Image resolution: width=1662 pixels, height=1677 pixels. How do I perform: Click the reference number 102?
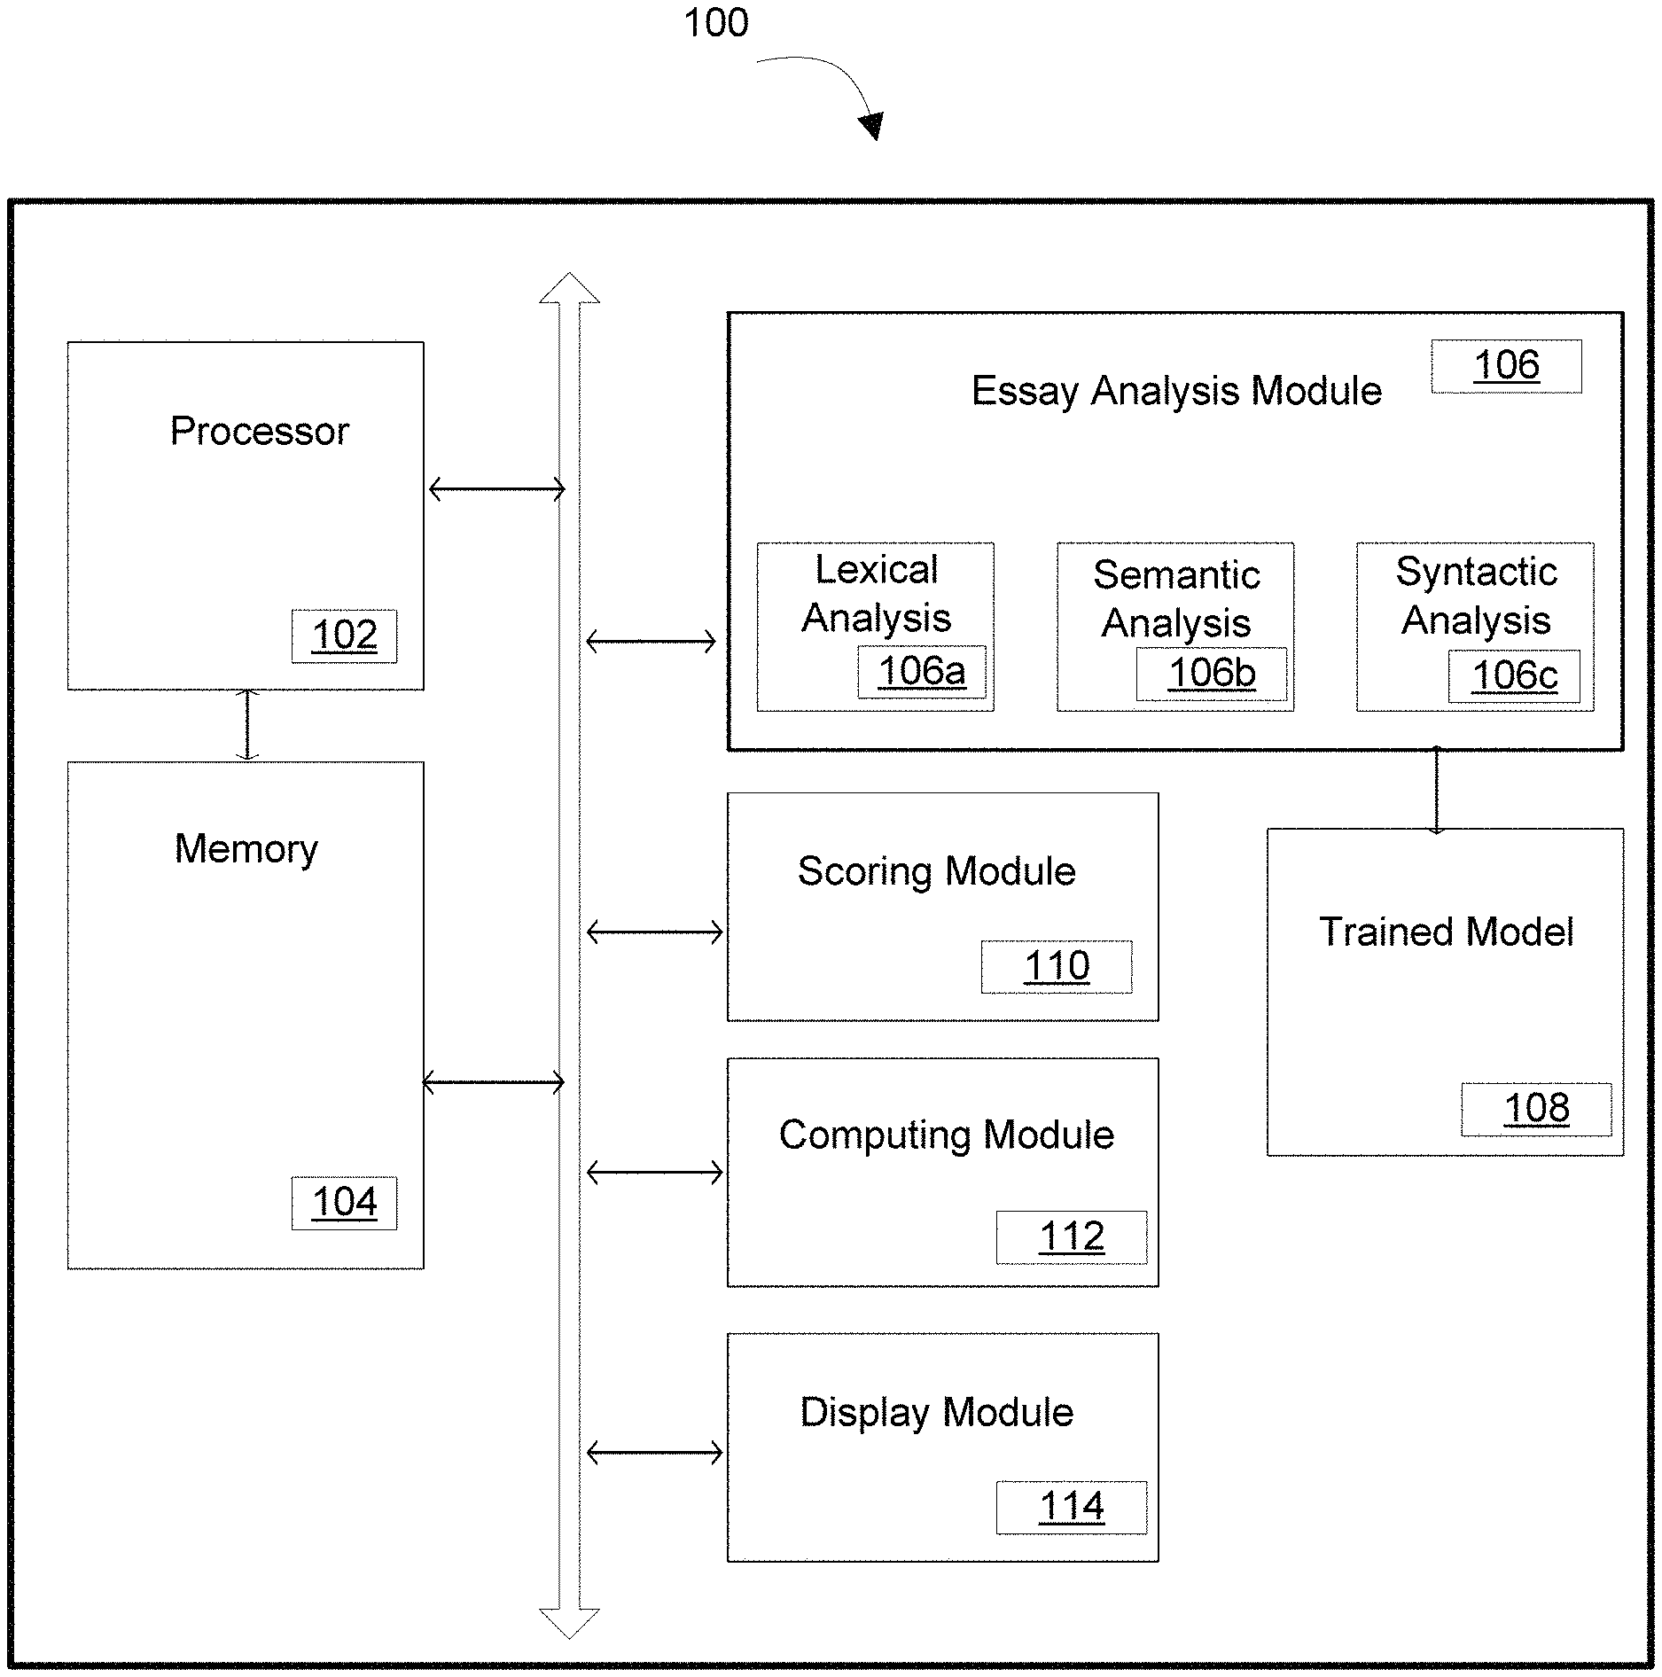(x=344, y=636)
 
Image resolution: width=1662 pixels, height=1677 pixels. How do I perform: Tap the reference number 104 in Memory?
(x=344, y=1203)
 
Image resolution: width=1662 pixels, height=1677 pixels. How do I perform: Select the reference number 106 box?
(x=1506, y=365)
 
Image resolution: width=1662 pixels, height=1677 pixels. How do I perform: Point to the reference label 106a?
(x=921, y=671)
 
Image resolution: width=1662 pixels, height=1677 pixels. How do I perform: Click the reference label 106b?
(x=1212, y=673)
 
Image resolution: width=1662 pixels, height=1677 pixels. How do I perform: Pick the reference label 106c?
(x=1514, y=676)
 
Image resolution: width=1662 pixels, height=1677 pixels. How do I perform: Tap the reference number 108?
(x=1536, y=1109)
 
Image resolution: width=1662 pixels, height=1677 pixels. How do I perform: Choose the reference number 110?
(x=1057, y=966)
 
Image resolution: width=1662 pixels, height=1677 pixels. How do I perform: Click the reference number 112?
(x=1072, y=1236)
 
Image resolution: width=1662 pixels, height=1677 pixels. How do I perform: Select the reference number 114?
(x=1072, y=1507)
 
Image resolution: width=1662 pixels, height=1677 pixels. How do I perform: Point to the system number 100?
(x=716, y=22)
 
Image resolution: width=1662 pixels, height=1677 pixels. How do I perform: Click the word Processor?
(x=259, y=432)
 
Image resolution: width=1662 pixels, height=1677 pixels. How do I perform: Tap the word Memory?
(x=246, y=849)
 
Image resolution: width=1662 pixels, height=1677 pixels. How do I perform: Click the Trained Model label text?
(x=1447, y=932)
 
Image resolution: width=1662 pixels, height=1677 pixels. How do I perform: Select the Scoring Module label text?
(x=937, y=872)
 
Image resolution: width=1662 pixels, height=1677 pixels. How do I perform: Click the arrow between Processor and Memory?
(x=247, y=725)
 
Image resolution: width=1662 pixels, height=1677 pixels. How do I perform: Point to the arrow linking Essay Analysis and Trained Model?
(x=1436, y=790)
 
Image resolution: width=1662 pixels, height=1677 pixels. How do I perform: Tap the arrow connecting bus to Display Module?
(x=654, y=1453)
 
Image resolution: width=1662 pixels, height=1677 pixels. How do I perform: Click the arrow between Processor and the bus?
(x=496, y=488)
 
